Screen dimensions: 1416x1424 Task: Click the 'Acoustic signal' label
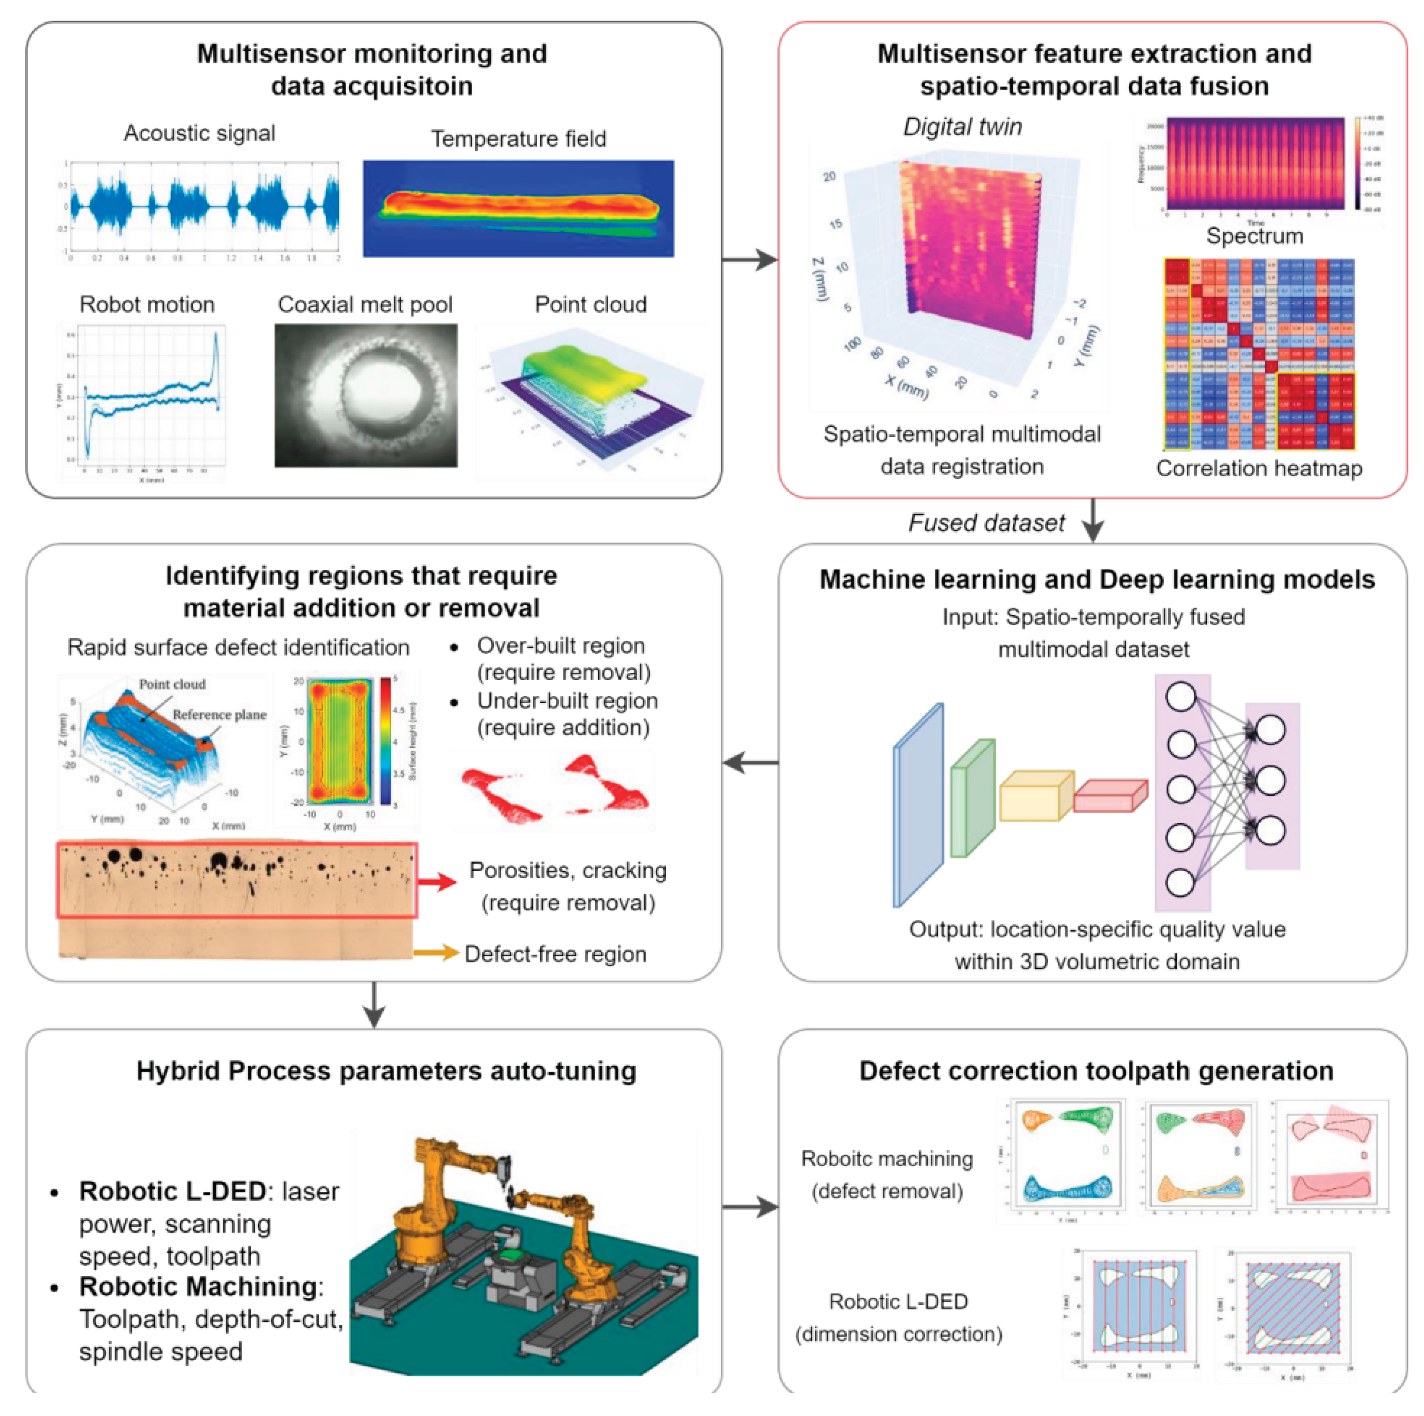(199, 133)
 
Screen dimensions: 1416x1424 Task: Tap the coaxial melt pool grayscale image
(366, 395)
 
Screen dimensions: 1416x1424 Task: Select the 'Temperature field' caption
(518, 138)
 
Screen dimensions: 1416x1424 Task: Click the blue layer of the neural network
(918, 805)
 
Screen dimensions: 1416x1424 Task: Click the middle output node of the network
(1270, 780)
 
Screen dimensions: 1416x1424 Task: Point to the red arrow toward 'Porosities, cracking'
(437, 881)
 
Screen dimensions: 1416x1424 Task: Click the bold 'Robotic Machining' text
(197, 1286)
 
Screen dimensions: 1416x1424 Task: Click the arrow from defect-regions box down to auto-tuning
(375, 1004)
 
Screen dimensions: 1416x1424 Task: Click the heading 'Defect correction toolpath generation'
(1095, 1070)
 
